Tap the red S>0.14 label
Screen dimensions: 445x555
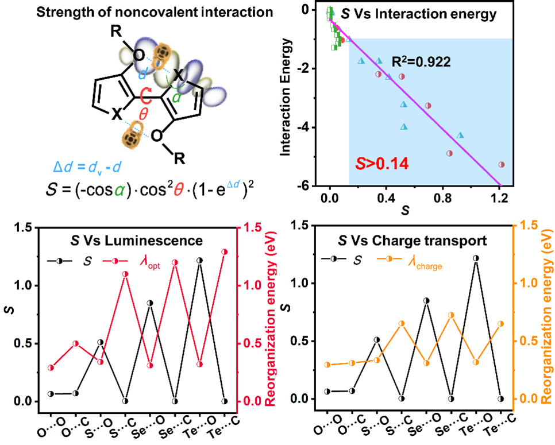(x=382, y=164)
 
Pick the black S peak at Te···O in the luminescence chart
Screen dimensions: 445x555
(x=199, y=260)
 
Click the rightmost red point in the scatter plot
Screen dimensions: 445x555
(x=501, y=164)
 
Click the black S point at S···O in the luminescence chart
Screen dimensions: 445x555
(x=101, y=342)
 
